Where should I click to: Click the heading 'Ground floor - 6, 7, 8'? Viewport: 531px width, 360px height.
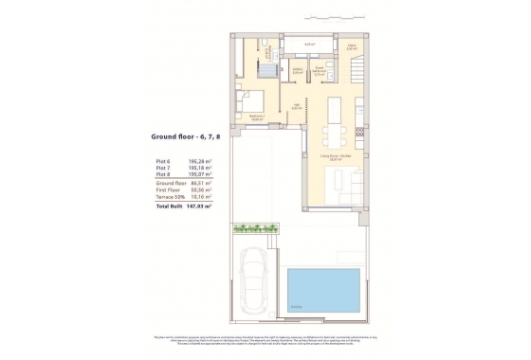pyautogui.click(x=186, y=136)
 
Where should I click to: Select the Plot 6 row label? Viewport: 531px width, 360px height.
pyautogui.click(x=164, y=161)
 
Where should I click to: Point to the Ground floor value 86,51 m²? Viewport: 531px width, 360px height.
pyautogui.click(x=199, y=182)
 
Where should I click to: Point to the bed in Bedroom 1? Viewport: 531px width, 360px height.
pyautogui.click(x=248, y=98)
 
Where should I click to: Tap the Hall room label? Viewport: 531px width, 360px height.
pyautogui.click(x=297, y=107)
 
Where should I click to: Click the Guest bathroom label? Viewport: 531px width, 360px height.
pyautogui.click(x=321, y=70)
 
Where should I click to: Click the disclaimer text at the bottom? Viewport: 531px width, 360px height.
pyautogui.click(x=265, y=340)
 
